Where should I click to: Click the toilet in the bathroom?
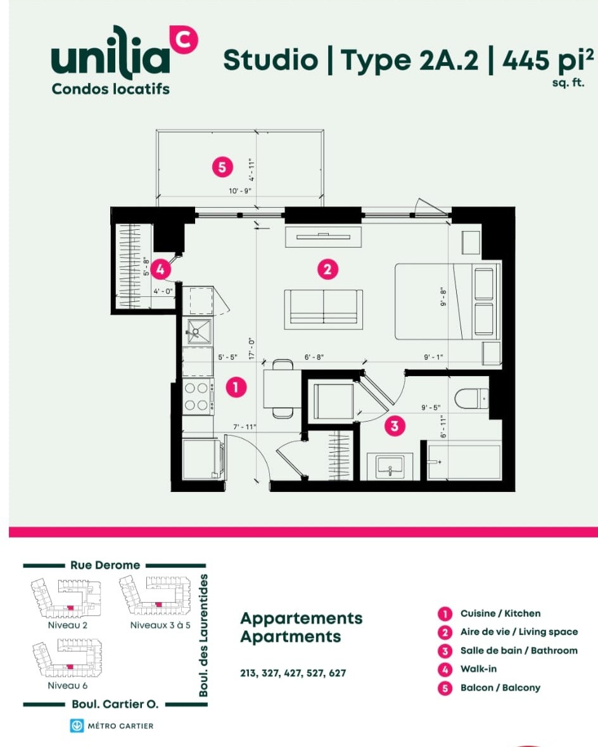pyautogui.click(x=472, y=398)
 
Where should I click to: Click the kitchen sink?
pyautogui.click(x=198, y=330)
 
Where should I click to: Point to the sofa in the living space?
pyautogui.click(x=323, y=309)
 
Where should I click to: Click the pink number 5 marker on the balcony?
pyautogui.click(x=222, y=167)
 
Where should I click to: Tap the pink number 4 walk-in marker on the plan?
pyautogui.click(x=160, y=270)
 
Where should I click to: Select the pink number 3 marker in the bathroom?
pyautogui.click(x=395, y=425)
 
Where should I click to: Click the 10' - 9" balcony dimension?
pyautogui.click(x=240, y=191)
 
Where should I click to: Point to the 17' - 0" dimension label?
pyautogui.click(x=251, y=349)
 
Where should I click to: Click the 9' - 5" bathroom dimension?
pyautogui.click(x=431, y=407)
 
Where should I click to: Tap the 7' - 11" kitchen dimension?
pyautogui.click(x=245, y=427)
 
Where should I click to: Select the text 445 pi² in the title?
pyautogui.click(x=548, y=60)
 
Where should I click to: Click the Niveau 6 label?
pyautogui.click(x=68, y=686)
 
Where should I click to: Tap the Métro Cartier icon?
pyautogui.click(x=77, y=725)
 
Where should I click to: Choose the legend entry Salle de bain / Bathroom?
pyautogui.click(x=519, y=650)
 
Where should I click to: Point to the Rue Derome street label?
pyautogui.click(x=105, y=565)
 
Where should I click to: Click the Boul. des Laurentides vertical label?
pyautogui.click(x=203, y=636)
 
